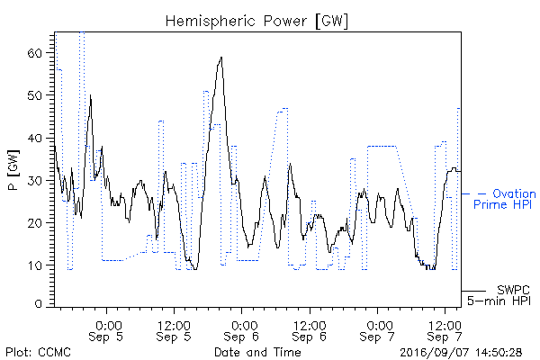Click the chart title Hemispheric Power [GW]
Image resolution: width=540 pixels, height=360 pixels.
(256, 22)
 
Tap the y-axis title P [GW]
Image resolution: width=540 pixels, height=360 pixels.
(13, 170)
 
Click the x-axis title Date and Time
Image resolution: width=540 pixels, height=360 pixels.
(257, 352)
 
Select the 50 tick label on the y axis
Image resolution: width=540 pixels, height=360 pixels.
(34, 95)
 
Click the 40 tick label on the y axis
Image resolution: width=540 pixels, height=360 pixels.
(34, 139)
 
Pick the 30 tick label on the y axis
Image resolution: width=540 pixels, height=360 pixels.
(34, 181)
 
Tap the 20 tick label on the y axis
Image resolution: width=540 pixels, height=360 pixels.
(34, 223)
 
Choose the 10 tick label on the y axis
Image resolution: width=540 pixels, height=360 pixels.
(34, 266)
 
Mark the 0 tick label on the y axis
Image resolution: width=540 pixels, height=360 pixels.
(38, 304)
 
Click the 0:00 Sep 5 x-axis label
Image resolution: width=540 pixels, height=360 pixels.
(106, 331)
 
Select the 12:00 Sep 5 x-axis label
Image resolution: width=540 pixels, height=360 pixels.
(174, 331)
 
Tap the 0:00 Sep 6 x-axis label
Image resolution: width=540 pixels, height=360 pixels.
(241, 331)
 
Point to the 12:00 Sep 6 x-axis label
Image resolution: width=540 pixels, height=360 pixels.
(310, 331)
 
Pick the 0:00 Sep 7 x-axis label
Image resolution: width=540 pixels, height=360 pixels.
(377, 331)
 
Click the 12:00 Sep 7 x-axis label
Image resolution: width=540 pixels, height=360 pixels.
(445, 331)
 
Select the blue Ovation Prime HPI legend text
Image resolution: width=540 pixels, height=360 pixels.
(505, 199)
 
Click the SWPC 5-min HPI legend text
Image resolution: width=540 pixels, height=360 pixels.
(499, 295)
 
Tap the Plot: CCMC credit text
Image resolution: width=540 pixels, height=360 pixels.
(38, 353)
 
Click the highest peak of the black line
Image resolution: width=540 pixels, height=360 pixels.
(221, 58)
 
